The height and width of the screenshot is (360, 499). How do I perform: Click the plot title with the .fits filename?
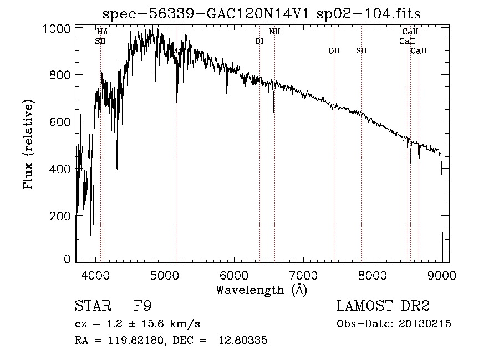pos(266,13)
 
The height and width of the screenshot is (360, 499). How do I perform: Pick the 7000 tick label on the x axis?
pos(304,275)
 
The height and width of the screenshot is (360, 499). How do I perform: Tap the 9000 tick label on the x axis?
pos(442,275)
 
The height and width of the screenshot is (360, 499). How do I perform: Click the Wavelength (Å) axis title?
pos(261,290)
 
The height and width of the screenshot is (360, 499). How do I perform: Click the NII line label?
pos(274,32)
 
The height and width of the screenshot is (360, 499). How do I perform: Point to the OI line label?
pos(259,41)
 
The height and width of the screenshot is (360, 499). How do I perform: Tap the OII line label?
pos(333,51)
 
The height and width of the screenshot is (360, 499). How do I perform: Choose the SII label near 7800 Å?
pos(361,51)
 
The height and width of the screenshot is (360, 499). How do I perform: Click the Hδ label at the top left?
pos(102,32)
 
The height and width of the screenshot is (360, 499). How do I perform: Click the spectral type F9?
pos(142,307)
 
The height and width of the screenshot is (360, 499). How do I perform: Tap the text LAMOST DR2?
pos(383,307)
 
